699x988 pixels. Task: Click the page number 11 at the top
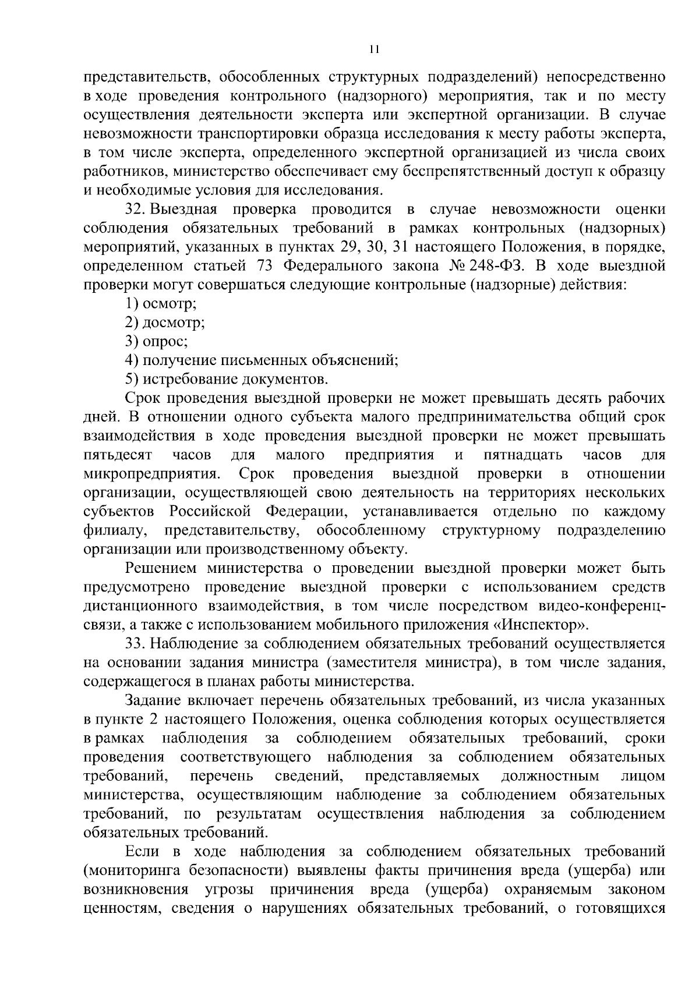(x=374, y=49)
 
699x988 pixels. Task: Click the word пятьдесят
(x=118, y=454)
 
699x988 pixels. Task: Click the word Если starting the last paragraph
(x=142, y=852)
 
